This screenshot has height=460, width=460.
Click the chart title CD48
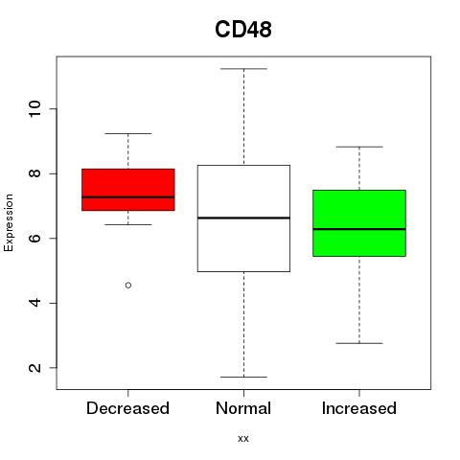(x=243, y=30)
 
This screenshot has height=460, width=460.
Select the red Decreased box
(x=128, y=190)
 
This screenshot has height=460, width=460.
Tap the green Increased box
(x=359, y=223)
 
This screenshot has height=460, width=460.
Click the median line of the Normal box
(x=243, y=218)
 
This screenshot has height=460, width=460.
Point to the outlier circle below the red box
(x=128, y=285)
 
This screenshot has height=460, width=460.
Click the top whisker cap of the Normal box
(x=243, y=69)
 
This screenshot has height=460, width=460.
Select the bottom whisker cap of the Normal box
(x=243, y=377)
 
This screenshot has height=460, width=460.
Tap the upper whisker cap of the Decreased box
(x=128, y=133)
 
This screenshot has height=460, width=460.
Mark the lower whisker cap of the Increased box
(x=359, y=343)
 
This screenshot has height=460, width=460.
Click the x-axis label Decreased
(x=127, y=408)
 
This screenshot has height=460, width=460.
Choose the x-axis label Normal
(x=243, y=408)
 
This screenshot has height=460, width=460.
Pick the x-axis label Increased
(x=359, y=408)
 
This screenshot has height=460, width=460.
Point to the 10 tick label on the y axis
(x=34, y=109)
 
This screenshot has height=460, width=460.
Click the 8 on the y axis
(x=34, y=173)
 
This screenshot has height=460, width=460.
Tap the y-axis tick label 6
(x=34, y=238)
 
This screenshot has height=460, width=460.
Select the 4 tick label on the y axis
(x=34, y=303)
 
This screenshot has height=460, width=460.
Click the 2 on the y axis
(x=34, y=367)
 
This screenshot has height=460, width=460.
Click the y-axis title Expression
(x=9, y=222)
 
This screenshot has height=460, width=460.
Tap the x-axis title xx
(x=243, y=439)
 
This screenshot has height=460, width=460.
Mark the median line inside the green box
(x=359, y=229)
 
